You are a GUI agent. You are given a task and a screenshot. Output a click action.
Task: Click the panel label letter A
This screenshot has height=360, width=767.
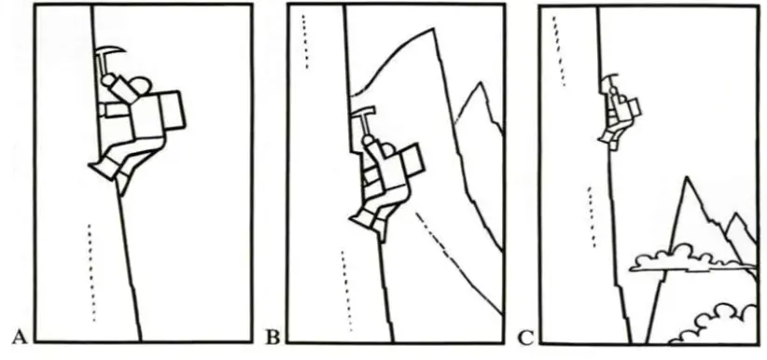[19, 337]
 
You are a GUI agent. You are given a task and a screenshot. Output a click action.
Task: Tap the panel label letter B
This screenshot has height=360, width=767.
[272, 338]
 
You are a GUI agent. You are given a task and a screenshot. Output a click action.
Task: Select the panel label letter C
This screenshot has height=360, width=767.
[525, 338]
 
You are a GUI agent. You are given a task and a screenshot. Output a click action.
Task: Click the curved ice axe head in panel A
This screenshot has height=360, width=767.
[111, 51]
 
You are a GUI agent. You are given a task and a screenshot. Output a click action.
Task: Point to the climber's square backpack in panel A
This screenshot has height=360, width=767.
[172, 109]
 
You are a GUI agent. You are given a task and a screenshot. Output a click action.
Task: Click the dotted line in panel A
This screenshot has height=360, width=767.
[91, 272]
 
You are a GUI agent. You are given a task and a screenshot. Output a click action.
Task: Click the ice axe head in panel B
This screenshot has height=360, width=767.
[363, 112]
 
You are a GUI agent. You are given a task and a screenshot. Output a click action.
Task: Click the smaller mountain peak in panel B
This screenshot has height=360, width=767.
[481, 83]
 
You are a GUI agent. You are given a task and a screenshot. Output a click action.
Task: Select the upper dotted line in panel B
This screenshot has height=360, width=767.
[305, 42]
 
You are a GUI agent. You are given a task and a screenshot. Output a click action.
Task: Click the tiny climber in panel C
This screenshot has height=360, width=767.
[619, 113]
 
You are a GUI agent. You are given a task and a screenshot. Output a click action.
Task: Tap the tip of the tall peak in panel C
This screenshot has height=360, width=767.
[688, 176]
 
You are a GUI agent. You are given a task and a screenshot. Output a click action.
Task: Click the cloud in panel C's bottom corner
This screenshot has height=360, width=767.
[714, 325]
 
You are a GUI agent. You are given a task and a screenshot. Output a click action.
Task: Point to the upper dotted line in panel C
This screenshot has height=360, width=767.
[559, 51]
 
